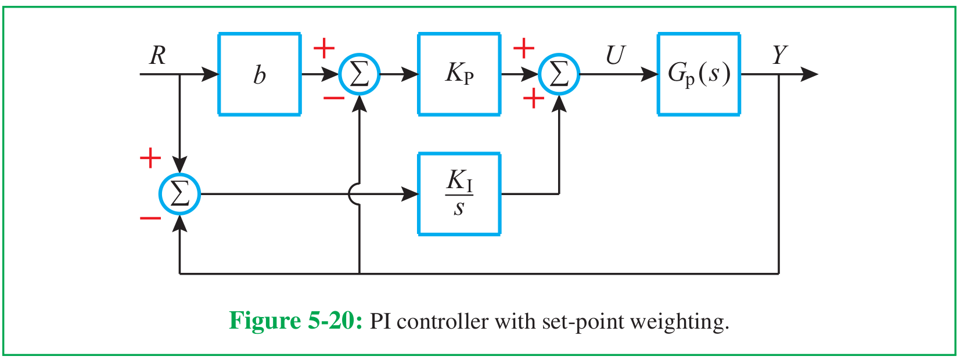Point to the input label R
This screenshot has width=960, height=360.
coord(157,56)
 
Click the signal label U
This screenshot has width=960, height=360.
coord(616,55)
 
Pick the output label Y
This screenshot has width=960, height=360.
coord(779,55)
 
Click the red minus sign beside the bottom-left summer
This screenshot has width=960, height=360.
coord(150,218)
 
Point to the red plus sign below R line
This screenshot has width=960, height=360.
coord(150,158)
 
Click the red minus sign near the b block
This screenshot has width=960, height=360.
coord(334,99)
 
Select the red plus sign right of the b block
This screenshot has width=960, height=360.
coord(324,48)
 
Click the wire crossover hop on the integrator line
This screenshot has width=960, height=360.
coord(350,194)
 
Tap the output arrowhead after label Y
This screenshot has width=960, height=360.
coord(809,74)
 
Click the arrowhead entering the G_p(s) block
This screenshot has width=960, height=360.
coord(649,74)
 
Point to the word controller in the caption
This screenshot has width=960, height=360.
coord(443,322)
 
